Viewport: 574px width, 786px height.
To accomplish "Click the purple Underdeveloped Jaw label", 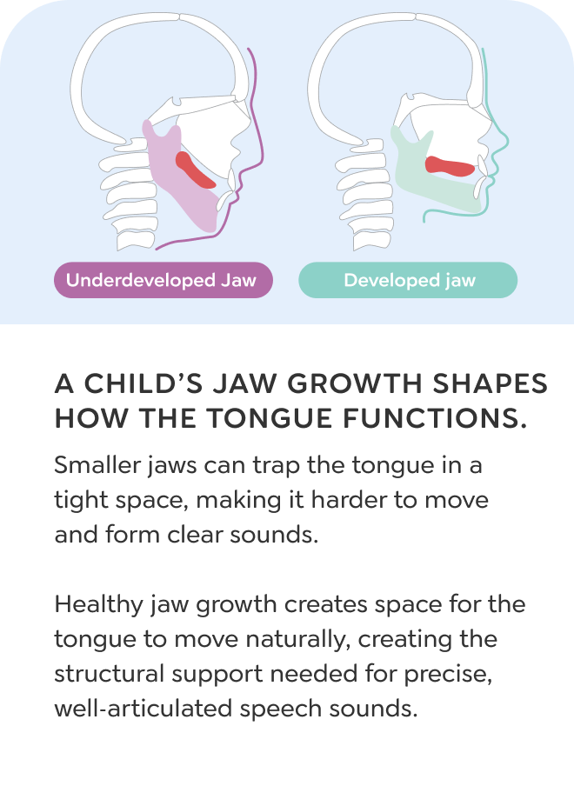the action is click(x=164, y=280).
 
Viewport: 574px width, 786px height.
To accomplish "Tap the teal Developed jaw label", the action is click(x=408, y=280).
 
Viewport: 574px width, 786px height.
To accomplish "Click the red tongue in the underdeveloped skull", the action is click(x=193, y=170).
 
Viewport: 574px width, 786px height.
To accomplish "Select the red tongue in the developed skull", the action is click(x=449, y=166).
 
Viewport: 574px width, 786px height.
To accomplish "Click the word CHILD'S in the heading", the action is click(x=143, y=384).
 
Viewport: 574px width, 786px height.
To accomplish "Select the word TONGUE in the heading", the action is click(x=270, y=418).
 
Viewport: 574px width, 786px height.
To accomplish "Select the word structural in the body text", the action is click(x=110, y=674).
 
